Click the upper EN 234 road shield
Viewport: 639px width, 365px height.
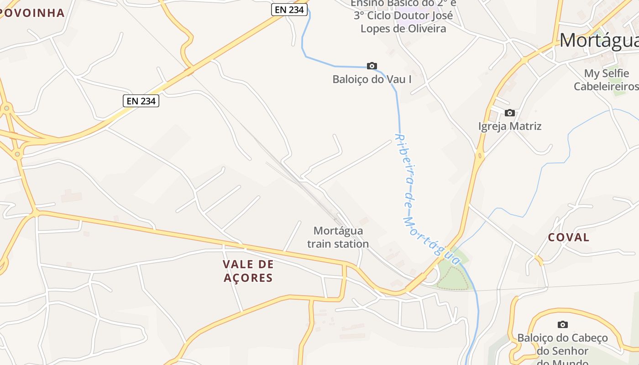tap(289, 9)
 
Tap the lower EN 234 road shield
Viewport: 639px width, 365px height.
tap(141, 101)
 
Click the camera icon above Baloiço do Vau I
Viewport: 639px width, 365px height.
tap(372, 66)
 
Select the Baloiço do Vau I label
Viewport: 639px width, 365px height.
tap(372, 79)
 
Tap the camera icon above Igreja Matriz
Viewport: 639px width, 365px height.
tap(510, 113)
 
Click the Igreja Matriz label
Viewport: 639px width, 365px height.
tap(510, 126)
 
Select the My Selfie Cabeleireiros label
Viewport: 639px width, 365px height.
tap(606, 80)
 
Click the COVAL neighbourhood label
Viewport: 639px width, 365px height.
tap(569, 237)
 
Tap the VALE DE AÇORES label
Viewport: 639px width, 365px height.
tap(248, 271)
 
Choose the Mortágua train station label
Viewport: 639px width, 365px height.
tap(338, 237)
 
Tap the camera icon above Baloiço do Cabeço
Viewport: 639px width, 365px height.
tap(563, 324)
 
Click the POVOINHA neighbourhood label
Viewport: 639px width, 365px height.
tap(32, 13)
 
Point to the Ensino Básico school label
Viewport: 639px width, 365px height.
tap(403, 16)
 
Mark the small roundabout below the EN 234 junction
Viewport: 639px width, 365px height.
tap(18, 154)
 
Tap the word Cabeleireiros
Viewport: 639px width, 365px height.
tap(606, 86)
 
